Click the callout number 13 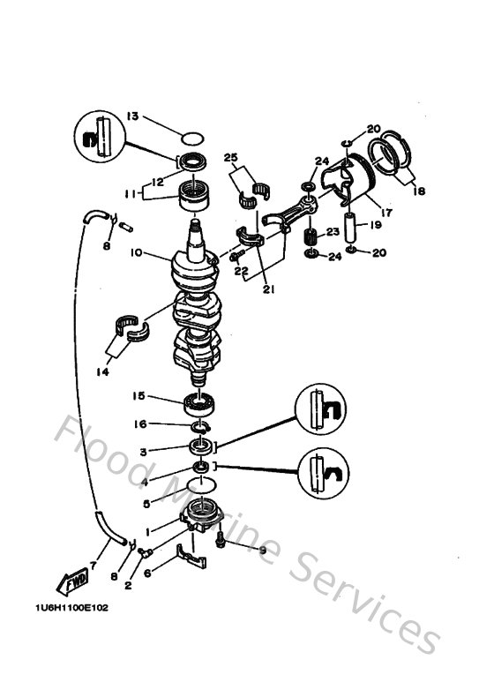(x=132, y=116)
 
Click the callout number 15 (x=138, y=396)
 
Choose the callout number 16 (x=138, y=424)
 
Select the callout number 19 (x=376, y=225)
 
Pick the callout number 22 (x=240, y=271)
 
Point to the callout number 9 (x=262, y=551)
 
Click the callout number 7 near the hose (x=94, y=564)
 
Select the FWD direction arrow (x=71, y=583)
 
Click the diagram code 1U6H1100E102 (x=66, y=609)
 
